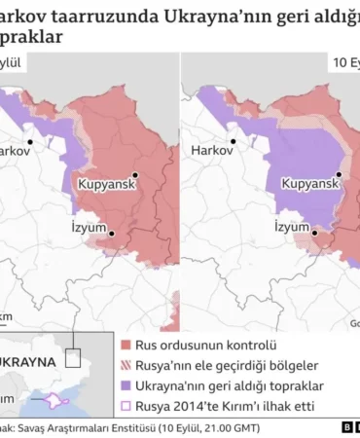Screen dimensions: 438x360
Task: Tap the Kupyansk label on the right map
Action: (309, 182)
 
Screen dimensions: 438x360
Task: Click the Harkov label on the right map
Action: (210, 151)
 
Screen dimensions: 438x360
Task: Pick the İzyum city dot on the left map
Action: (111, 233)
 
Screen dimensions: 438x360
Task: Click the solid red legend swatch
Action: (126, 346)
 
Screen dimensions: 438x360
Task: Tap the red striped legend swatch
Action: (126, 365)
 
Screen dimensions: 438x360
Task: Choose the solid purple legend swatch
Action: (126, 385)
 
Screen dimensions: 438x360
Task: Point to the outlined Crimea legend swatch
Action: (126, 405)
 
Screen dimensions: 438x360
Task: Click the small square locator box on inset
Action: (72, 357)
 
